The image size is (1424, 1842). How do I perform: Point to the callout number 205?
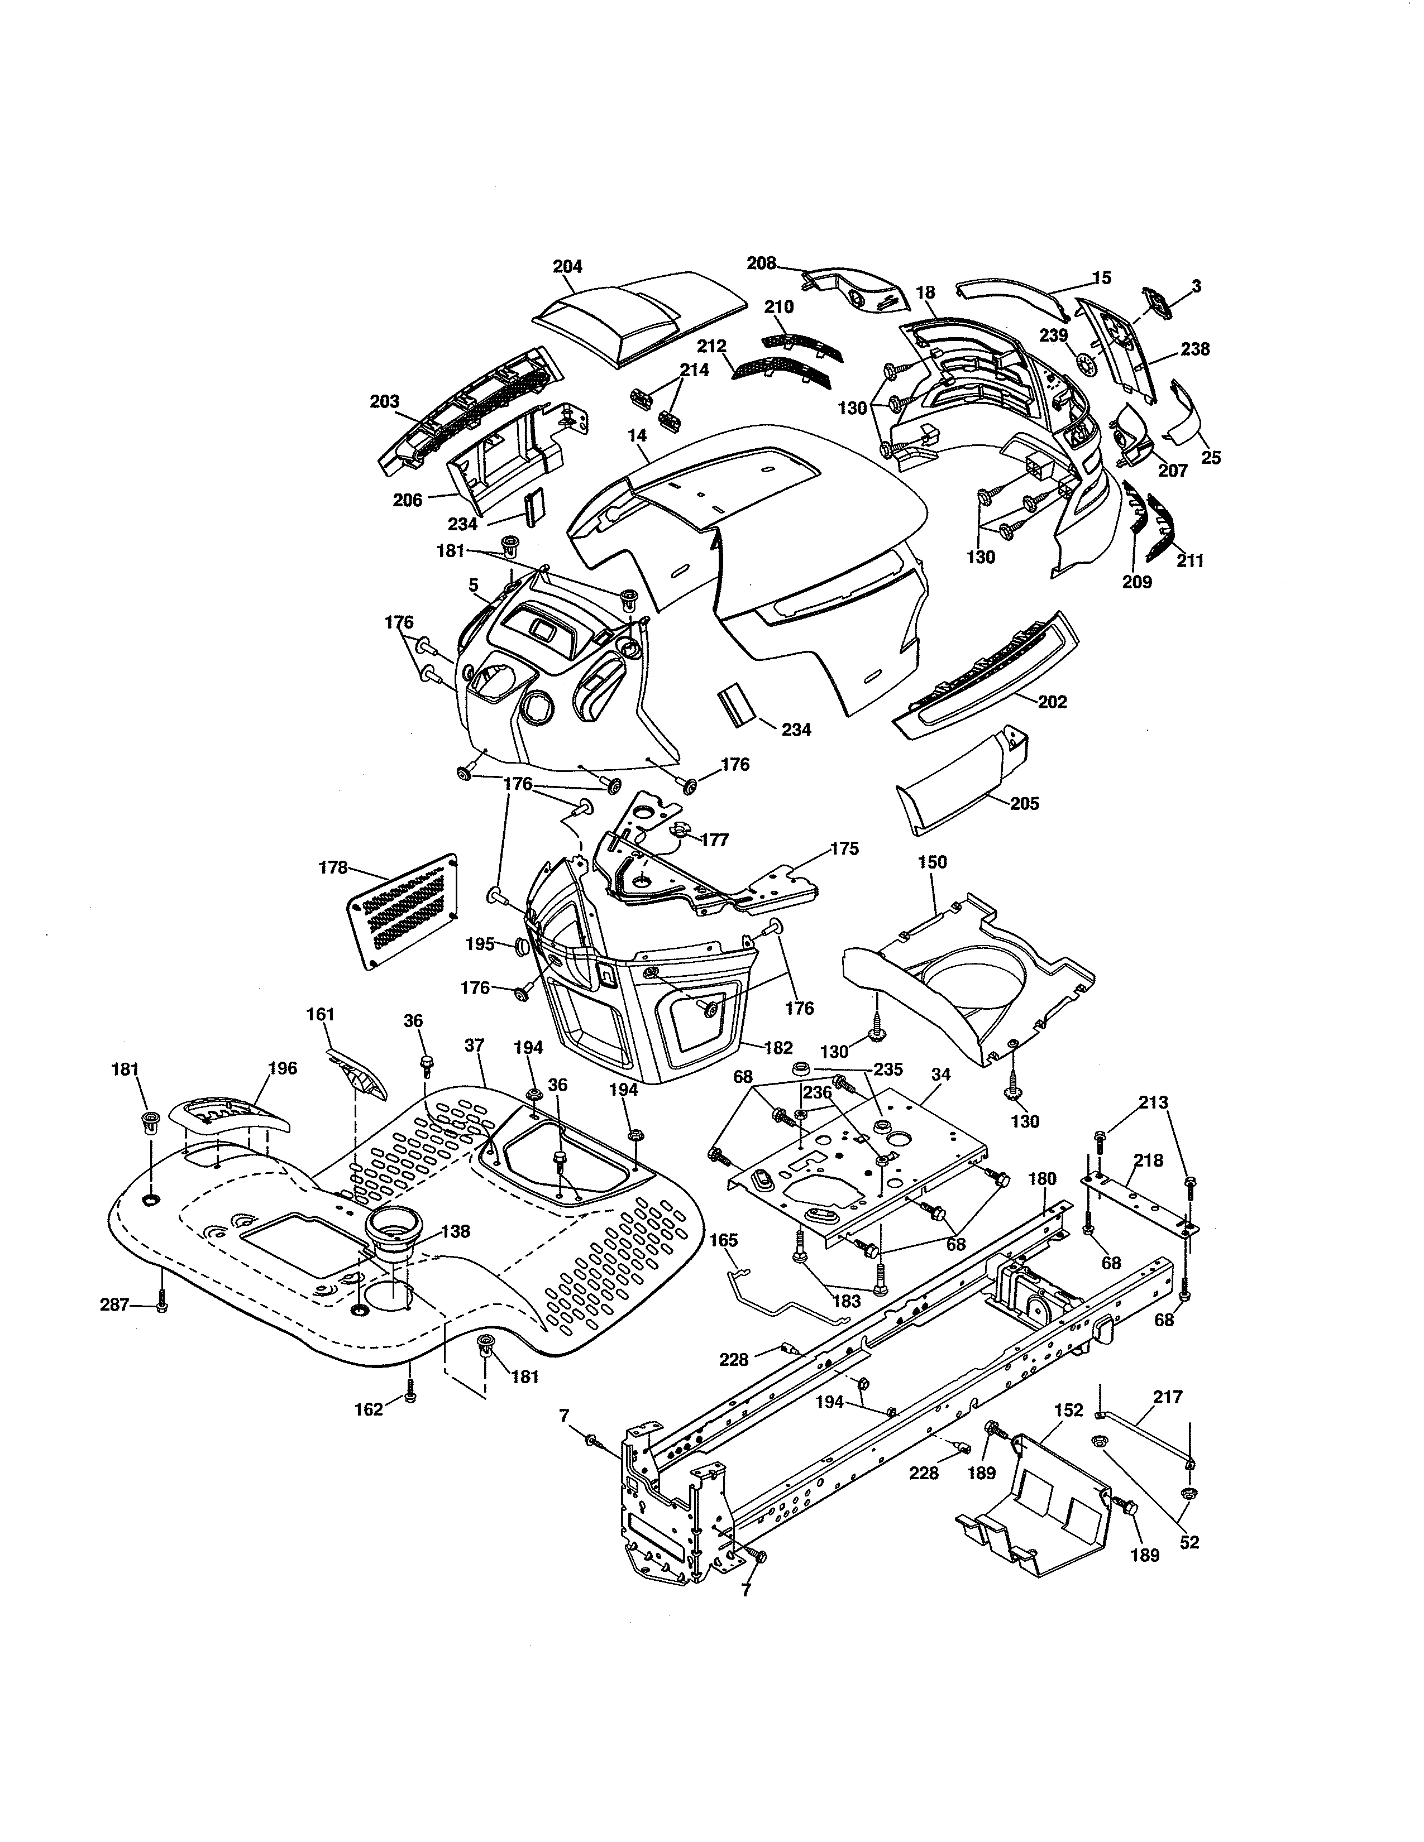click(1024, 804)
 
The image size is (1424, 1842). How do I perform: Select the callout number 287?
click(114, 1305)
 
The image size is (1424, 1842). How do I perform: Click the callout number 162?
click(369, 1408)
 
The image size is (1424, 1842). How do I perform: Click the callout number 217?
click(1168, 1398)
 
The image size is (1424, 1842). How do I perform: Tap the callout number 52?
click(1189, 1543)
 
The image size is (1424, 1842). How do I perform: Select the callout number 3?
click(1196, 287)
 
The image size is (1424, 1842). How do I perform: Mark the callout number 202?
click(1052, 702)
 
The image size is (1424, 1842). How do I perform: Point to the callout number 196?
click(282, 1068)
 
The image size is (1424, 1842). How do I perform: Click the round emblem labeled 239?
click(1087, 364)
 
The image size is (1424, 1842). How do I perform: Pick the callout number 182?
click(778, 1048)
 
